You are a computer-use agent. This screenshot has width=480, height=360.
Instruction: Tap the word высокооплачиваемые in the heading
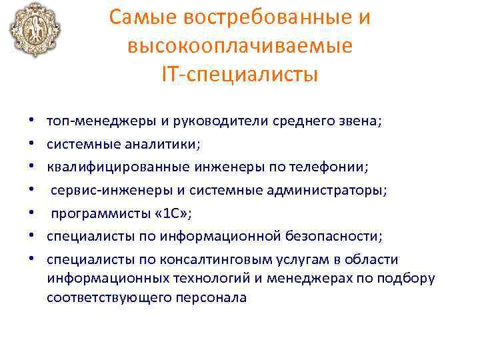pos(239,47)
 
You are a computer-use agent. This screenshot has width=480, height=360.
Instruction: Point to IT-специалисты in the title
pos(239,75)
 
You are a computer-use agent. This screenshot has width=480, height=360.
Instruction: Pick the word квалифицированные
pos(117,167)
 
